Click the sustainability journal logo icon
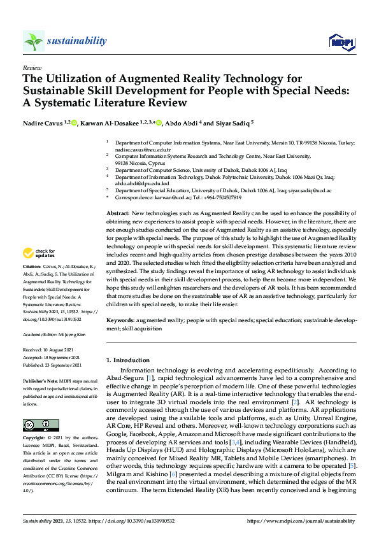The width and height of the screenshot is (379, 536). pyautogui.click(x=33, y=41)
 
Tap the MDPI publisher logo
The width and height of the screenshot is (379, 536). pyautogui.click(x=341, y=41)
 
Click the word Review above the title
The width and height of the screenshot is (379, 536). pyautogui.click(x=31, y=67)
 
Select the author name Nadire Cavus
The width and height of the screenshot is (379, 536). pyautogui.click(x=43, y=123)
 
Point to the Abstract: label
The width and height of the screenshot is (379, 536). pyautogui.click(x=117, y=213)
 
